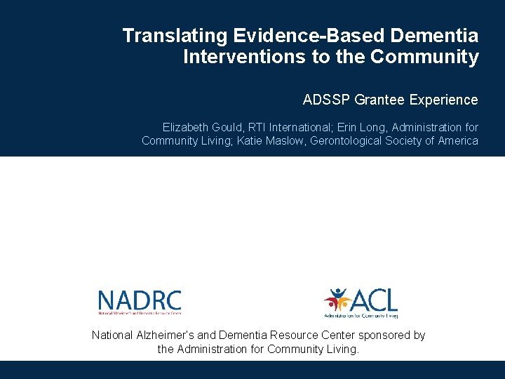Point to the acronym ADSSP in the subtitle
tap(327, 100)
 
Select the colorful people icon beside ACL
tap(337, 301)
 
